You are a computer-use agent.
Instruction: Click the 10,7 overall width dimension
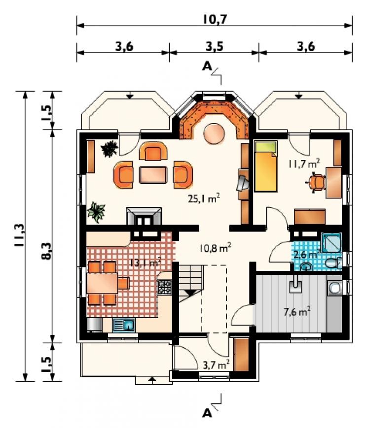point(215,19)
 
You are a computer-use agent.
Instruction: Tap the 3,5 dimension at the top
point(215,47)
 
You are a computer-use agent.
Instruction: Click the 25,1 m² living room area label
point(204,198)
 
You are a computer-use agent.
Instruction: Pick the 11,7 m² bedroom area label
point(304,164)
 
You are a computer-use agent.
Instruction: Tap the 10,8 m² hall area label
point(216,248)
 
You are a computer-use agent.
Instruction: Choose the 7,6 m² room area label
point(296,312)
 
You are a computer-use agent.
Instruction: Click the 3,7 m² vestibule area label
point(216,364)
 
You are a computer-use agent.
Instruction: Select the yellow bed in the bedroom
point(266,166)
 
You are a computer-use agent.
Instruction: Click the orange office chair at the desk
point(316,182)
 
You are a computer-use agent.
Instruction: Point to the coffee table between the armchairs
point(153,175)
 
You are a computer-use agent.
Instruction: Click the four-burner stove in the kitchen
point(165,287)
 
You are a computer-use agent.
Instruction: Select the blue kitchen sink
point(124,325)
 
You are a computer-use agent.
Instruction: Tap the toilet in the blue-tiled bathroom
point(333,263)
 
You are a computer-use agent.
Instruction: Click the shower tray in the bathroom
point(331,242)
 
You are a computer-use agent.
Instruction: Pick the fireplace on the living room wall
point(144,216)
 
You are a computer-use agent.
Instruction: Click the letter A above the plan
point(208,66)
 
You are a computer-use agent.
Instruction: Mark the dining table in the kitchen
point(103,283)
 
